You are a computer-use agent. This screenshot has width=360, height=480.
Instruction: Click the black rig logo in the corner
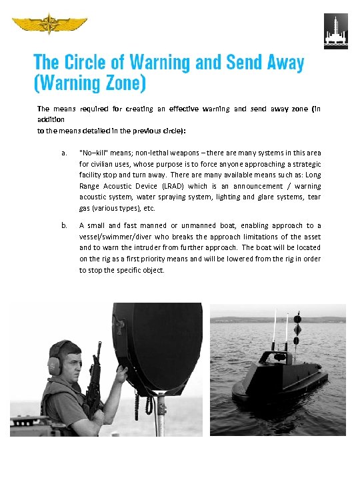click(335, 31)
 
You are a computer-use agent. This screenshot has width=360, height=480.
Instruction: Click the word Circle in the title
click(93, 63)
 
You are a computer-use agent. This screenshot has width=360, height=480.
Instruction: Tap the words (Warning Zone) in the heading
click(90, 84)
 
